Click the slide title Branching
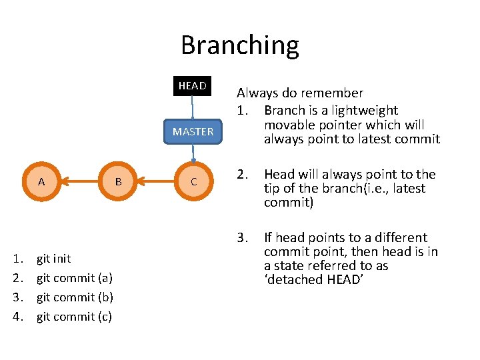click(240, 45)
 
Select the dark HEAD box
click(192, 86)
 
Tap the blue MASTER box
click(193, 131)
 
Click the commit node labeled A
click(41, 181)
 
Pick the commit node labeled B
click(118, 181)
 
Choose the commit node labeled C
click(193, 181)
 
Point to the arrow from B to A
click(79, 181)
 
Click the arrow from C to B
click(155, 181)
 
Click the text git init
click(53, 259)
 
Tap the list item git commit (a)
click(74, 278)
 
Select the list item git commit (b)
click(74, 297)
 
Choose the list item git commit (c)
click(74, 317)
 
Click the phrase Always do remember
click(300, 93)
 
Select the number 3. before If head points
click(242, 238)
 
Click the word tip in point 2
click(272, 189)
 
